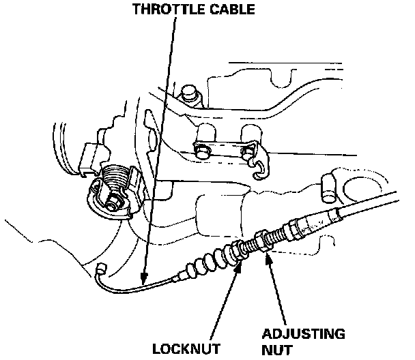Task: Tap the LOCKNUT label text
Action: tap(186, 348)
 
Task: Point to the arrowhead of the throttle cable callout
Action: tap(142, 280)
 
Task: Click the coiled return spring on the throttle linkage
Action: tap(116, 179)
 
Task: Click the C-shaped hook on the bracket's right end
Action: tap(258, 168)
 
